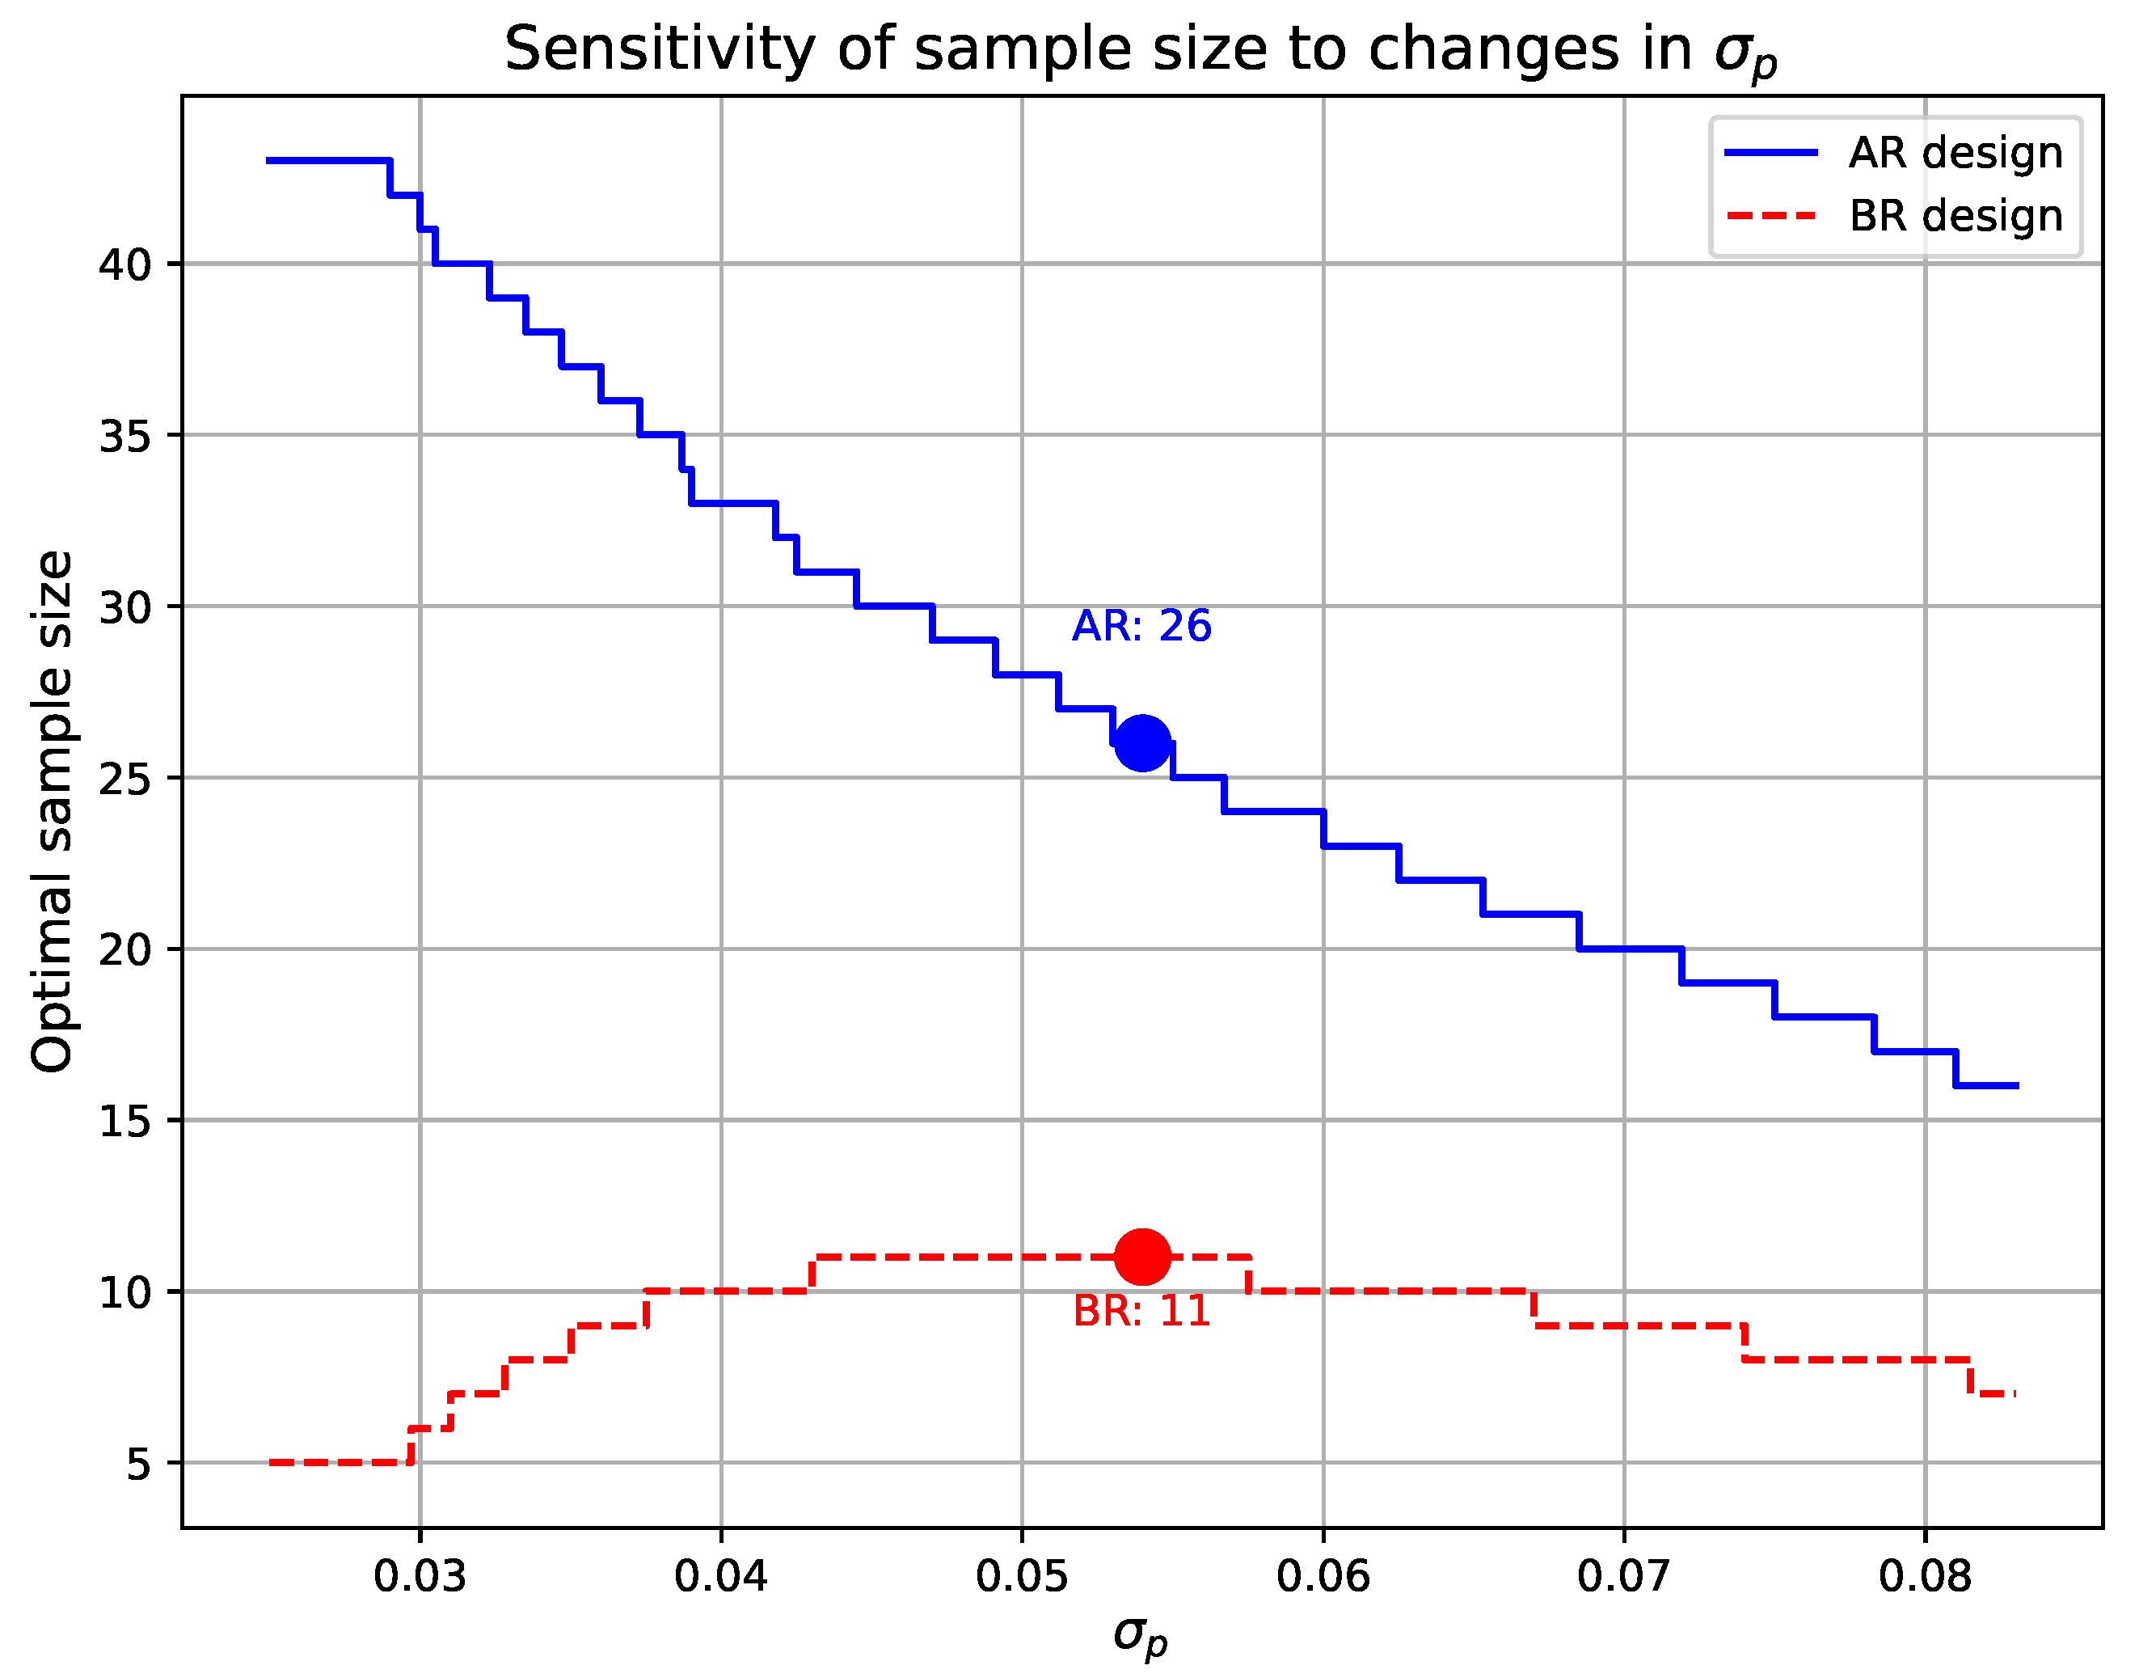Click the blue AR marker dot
pyautogui.click(x=1142, y=742)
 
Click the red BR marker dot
pyautogui.click(x=1142, y=1257)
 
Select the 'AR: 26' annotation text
pyautogui.click(x=1141, y=626)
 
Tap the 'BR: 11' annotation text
pyautogui.click(x=1141, y=1312)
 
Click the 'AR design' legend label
pyautogui.click(x=1955, y=154)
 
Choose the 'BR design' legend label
pyautogui.click(x=1955, y=216)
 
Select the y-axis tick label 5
pyautogui.click(x=138, y=1464)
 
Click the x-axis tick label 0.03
pyautogui.click(x=420, y=1577)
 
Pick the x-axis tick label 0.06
pyautogui.click(x=1323, y=1577)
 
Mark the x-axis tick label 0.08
pyautogui.click(x=1925, y=1577)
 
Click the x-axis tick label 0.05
pyautogui.click(x=1023, y=1577)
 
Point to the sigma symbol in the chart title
pyautogui.click(x=1736, y=51)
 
